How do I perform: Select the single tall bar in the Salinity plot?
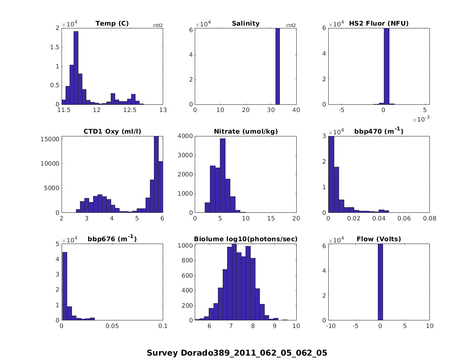pos(277,66)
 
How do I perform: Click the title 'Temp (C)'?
pos(112,24)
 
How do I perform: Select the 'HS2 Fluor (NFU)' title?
pos(379,24)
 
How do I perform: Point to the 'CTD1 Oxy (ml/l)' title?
pos(112,131)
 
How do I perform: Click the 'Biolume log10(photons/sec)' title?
pos(245,239)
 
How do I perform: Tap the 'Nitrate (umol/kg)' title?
pos(245,131)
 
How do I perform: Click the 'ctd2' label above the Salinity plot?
pos(291,26)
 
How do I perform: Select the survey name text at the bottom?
pos(237,353)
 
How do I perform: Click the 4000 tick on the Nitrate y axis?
pos(186,136)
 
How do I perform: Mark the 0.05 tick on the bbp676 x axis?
pos(112,326)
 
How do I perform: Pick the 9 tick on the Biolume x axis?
pos(275,326)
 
